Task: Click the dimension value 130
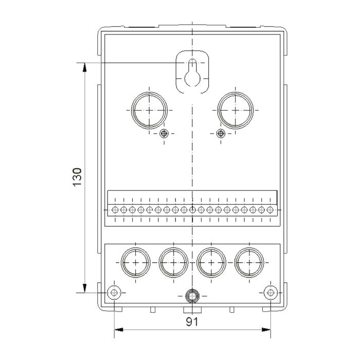pos(77,177)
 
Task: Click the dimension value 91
pos(192,321)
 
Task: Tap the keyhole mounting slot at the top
pos(192,73)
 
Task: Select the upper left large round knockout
pos(149,110)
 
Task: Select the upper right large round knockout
pos(236,110)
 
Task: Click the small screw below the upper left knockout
pos(164,133)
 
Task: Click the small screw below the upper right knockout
pos(221,133)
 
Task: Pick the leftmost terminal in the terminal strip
pos(115,210)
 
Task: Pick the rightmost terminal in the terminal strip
pos(270,210)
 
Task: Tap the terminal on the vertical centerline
pos(193,210)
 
